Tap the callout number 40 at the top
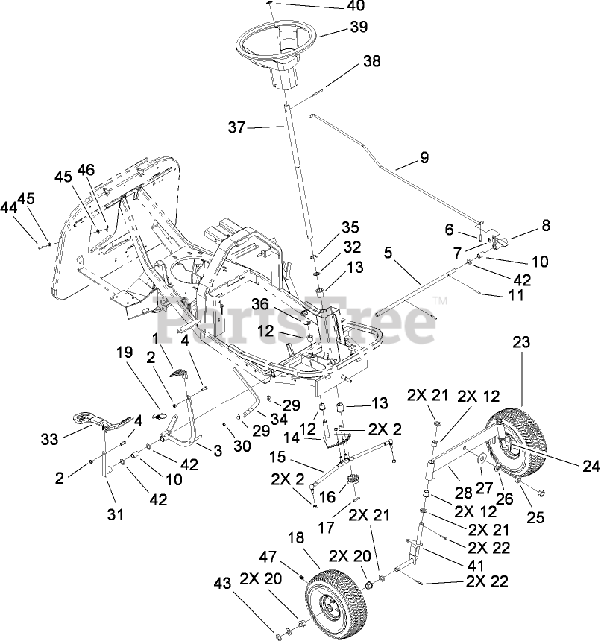tap(356, 7)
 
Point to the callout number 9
tap(424, 157)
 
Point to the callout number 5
tap(388, 253)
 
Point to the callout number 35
tap(350, 227)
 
